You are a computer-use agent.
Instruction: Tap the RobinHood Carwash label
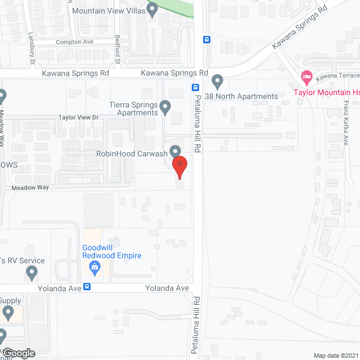[132, 153]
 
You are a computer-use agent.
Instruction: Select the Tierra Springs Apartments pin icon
[165, 106]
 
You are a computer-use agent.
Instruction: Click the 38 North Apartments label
[241, 96]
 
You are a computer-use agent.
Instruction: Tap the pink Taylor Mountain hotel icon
[306, 76]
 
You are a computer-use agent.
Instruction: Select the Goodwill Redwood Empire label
[111, 251]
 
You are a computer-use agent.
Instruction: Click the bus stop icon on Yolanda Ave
[87, 286]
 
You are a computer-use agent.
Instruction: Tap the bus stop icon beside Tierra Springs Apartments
[195, 87]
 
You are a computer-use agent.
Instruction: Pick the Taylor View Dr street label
[79, 118]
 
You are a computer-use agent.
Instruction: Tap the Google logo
[18, 353]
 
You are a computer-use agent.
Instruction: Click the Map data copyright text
[336, 355]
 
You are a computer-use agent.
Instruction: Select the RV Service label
[22, 260]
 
